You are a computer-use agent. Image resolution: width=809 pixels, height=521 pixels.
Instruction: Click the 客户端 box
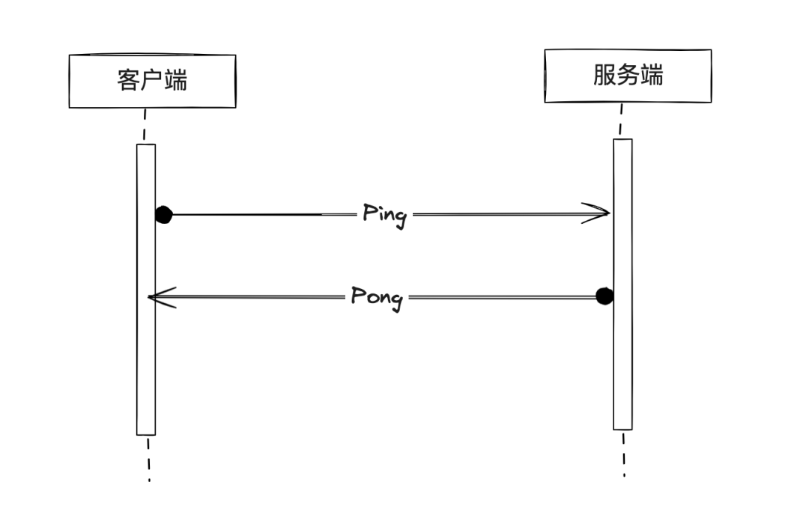point(152,82)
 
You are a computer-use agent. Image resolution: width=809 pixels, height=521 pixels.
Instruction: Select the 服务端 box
point(628,76)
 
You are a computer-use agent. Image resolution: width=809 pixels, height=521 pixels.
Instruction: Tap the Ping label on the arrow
point(384,214)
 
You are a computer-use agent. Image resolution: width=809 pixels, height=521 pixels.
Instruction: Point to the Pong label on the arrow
point(377,297)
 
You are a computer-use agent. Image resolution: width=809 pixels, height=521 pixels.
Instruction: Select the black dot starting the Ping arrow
point(163,215)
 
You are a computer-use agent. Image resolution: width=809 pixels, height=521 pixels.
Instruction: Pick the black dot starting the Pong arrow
point(605,296)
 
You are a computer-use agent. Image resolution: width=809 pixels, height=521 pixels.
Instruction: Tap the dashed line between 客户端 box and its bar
point(142,126)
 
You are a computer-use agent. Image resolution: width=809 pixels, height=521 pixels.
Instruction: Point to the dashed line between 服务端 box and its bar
point(620,120)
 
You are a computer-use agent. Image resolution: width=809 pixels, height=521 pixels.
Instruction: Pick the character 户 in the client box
point(152,80)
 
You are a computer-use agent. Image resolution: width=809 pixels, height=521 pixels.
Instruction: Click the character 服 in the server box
point(605,75)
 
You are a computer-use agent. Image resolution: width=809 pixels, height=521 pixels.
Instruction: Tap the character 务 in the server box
point(628,75)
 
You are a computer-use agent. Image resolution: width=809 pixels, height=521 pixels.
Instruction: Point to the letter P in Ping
point(369,213)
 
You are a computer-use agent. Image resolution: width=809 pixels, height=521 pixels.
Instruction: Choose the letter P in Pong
point(359,296)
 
